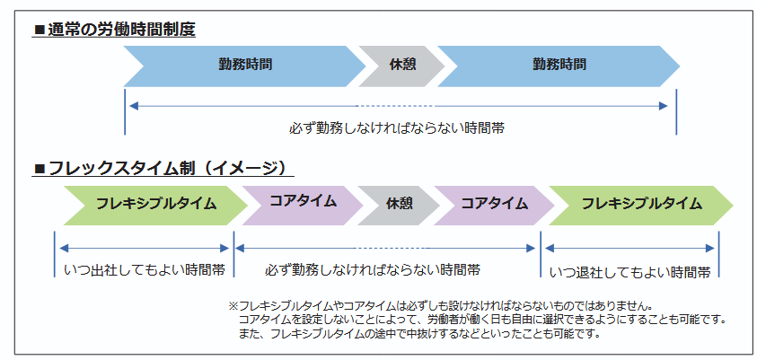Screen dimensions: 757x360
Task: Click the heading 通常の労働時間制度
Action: point(121,30)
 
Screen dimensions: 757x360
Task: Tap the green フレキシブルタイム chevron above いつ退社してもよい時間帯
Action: point(641,206)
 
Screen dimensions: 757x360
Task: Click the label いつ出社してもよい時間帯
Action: point(145,270)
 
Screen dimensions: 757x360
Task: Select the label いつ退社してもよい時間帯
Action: point(630,272)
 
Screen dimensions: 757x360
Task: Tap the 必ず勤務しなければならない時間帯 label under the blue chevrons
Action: point(397,128)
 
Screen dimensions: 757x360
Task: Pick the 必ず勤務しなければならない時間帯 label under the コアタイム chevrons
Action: point(373,270)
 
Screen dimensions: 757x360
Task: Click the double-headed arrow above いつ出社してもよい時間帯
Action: point(144,249)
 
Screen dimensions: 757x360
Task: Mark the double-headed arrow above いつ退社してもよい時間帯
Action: point(629,249)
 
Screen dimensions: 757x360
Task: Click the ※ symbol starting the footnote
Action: point(233,306)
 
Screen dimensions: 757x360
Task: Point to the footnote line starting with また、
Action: point(419,333)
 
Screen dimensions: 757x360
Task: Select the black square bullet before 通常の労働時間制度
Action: point(40,31)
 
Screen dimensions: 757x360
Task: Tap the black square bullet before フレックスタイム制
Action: point(40,170)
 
